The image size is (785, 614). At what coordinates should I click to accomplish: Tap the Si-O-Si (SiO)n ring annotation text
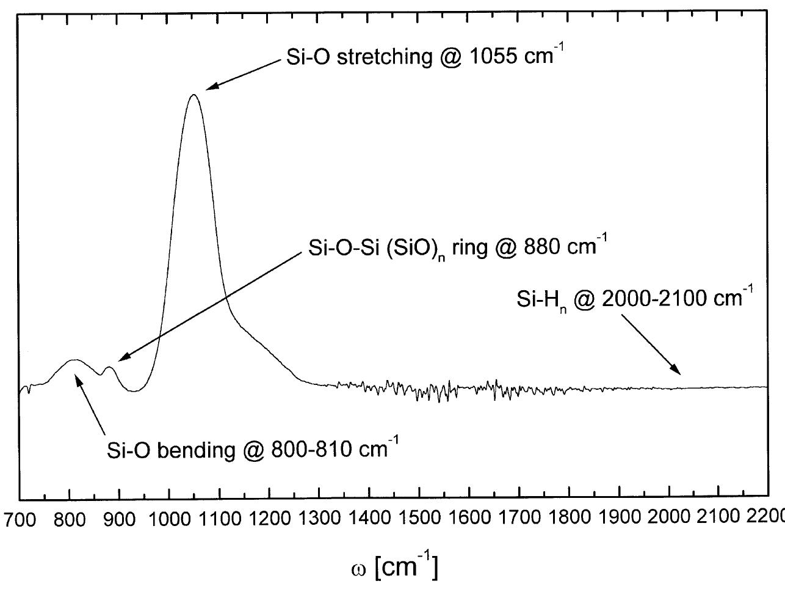pos(454,249)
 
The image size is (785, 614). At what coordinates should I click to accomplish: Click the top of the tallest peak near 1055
pos(194,95)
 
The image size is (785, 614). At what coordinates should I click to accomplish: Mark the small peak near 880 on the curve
pos(109,367)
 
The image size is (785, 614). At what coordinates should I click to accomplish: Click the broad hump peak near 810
pos(74,360)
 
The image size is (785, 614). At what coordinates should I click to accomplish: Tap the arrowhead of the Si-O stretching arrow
pos(208,89)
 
